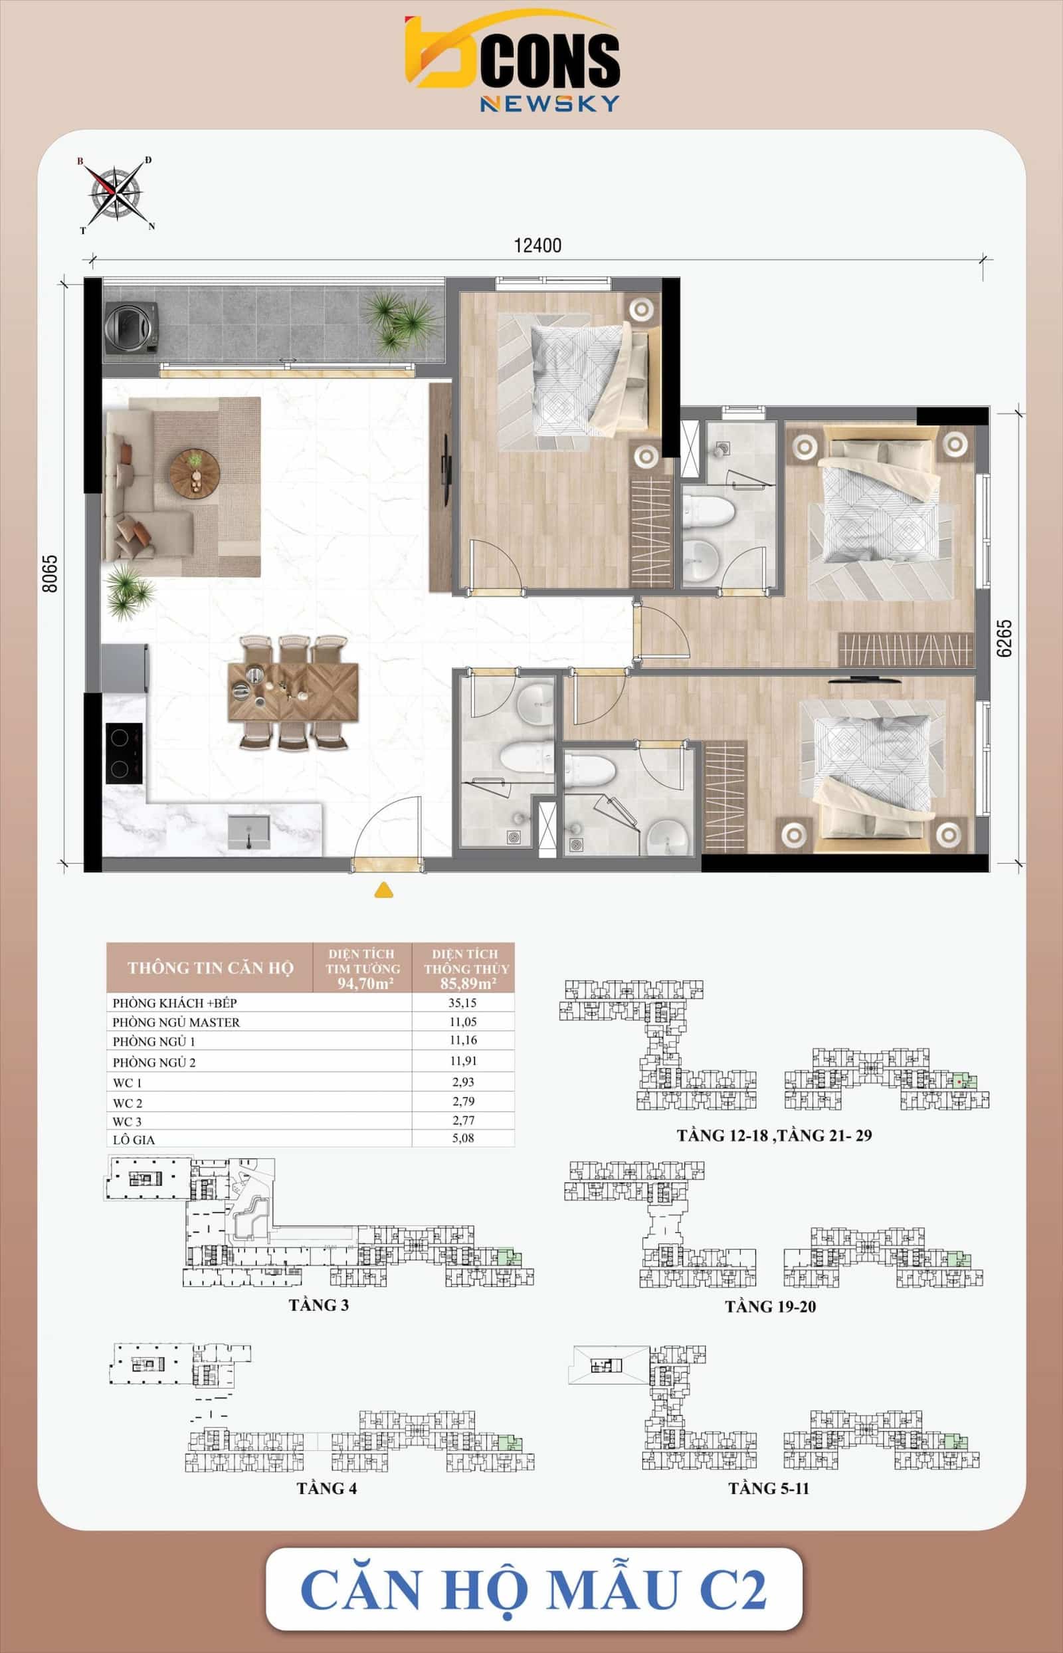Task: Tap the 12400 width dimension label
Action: pos(537,245)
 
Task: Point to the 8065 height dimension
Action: pos(50,574)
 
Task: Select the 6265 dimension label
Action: pos(1005,638)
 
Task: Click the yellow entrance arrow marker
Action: pos(384,890)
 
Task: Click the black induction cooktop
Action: pos(124,753)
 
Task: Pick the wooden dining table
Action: pos(293,693)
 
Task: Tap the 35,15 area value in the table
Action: pos(462,1002)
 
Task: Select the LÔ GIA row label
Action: pos(134,1139)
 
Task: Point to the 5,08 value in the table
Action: pos(463,1138)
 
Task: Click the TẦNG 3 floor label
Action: pos(319,1305)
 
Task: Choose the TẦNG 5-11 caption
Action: pos(768,1489)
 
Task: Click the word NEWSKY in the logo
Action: pos(549,104)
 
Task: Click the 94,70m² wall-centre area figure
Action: pos(365,983)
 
